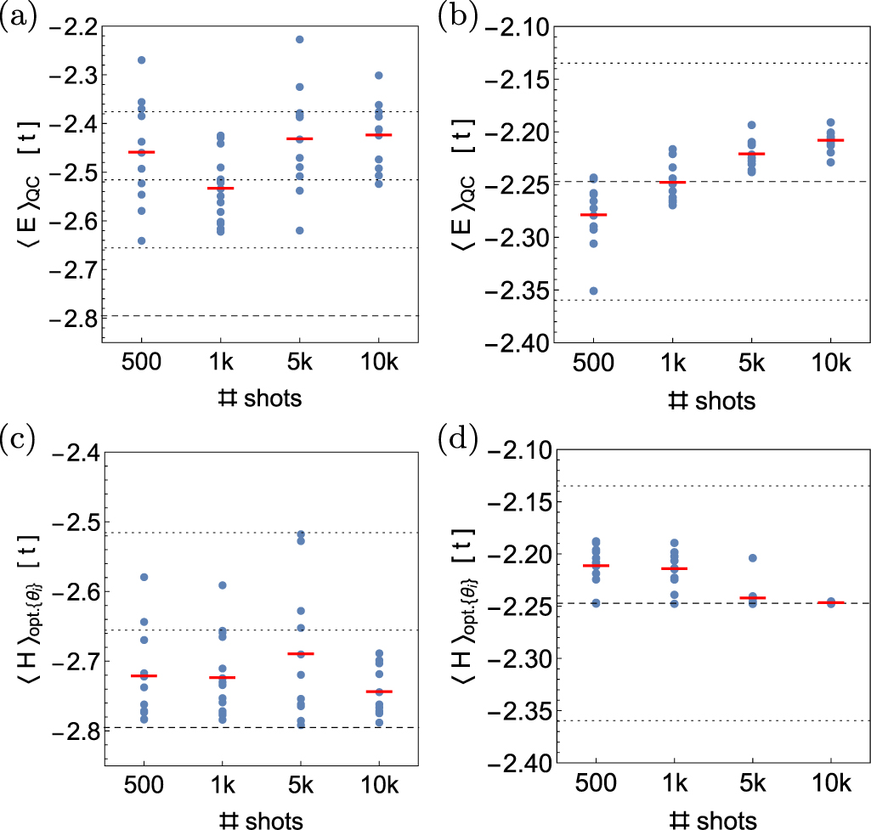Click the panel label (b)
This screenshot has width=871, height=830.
(x=457, y=16)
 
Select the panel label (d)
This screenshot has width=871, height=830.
(x=457, y=441)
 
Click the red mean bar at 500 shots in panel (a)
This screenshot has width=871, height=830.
(x=142, y=152)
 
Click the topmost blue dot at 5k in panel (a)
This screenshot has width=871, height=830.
(x=299, y=40)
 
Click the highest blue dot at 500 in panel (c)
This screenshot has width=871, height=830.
(x=142, y=577)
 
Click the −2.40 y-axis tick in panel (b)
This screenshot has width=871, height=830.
(x=512, y=342)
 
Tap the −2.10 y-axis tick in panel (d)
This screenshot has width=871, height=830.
(x=512, y=451)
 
